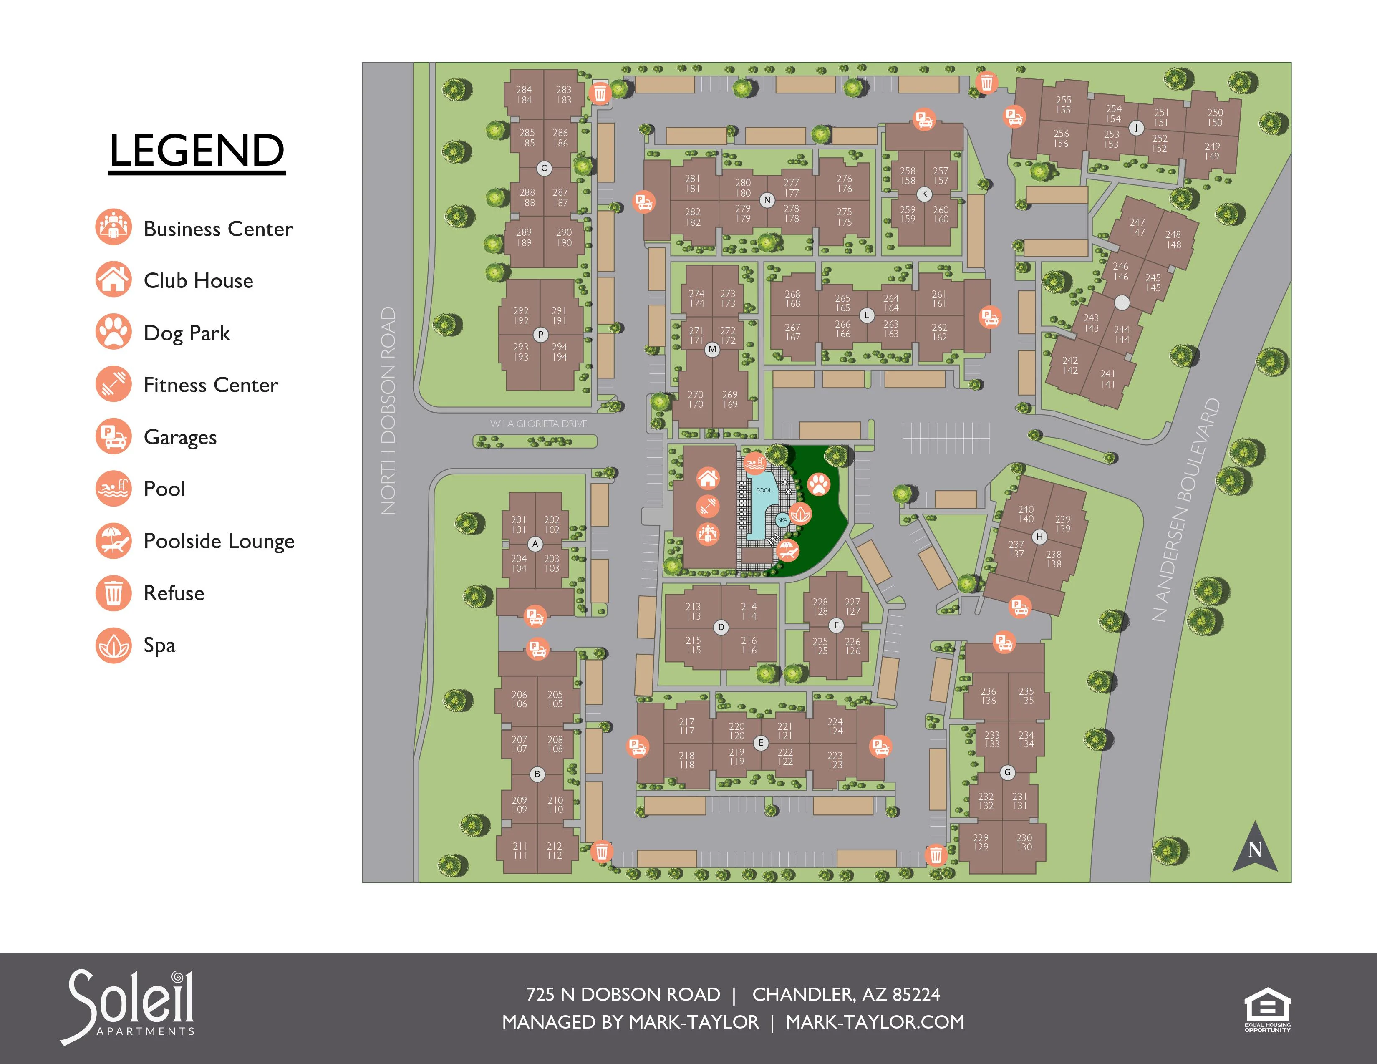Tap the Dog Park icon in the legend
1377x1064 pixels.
113,332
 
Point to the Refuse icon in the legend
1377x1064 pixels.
113,593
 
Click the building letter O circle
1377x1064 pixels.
544,168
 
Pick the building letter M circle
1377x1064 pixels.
712,349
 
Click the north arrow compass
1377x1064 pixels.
1255,848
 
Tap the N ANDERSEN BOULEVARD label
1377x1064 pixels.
1185,511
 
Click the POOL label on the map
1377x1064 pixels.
764,490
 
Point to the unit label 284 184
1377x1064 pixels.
524,95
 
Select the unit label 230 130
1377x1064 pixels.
1024,843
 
